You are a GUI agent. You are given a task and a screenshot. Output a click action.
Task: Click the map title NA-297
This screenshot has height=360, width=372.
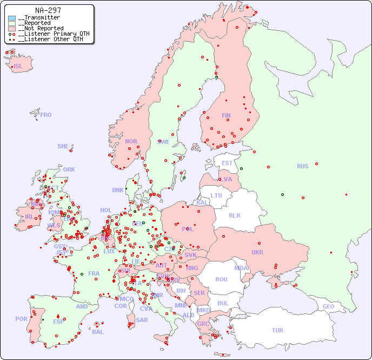[x=48, y=10]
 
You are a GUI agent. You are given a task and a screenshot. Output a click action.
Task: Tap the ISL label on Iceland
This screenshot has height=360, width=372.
[x=18, y=67]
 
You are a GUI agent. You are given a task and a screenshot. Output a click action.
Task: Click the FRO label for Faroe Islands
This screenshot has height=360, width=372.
[x=46, y=115]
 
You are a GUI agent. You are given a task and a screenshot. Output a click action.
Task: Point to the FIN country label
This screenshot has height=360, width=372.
[x=226, y=115]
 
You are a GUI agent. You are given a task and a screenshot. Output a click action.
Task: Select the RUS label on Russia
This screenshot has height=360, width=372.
[x=302, y=166]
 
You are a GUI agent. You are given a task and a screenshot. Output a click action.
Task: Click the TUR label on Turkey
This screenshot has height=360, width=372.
[x=277, y=330]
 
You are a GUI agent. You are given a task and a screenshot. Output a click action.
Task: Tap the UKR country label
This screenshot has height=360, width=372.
[x=257, y=252]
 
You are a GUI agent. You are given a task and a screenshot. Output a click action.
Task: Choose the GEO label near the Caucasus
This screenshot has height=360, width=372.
[x=328, y=306]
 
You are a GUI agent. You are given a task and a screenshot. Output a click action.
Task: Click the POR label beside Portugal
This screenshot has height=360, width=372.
[x=21, y=319]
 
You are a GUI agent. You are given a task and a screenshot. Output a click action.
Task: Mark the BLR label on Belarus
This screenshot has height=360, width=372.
[x=235, y=215]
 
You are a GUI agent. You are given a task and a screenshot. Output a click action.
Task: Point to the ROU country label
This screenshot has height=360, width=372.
[x=221, y=279]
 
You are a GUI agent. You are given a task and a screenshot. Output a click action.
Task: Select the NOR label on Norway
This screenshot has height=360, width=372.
[x=131, y=141]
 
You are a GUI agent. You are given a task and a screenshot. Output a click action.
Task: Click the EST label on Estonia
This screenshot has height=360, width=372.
[x=227, y=163]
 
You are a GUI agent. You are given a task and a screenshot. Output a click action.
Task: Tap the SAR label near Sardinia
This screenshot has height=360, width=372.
[x=142, y=320]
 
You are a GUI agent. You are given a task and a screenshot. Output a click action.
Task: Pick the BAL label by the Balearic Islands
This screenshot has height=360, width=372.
[x=97, y=332]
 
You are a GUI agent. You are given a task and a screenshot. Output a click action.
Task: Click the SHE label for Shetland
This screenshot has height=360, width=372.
[x=63, y=146]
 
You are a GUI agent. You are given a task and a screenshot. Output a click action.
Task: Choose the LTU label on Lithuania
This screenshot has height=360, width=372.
[x=216, y=195]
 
